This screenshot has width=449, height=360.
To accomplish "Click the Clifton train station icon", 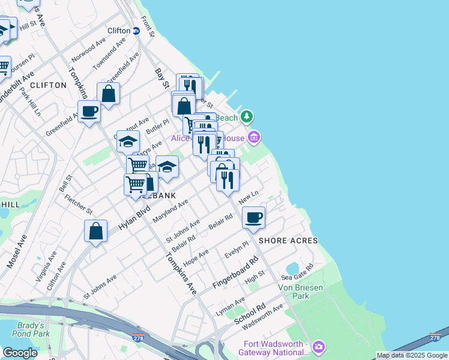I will pos(136,31).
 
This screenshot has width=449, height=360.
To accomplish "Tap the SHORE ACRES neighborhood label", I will pos(288,241).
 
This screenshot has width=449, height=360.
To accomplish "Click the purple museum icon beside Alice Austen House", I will pos(254,138).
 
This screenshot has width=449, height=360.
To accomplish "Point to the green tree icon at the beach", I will pos(246,116).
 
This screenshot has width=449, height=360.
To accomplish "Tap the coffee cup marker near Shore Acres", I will pos(254,217).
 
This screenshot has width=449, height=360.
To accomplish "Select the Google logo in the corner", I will pos(20,353).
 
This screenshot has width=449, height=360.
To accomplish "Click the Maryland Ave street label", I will pos(170,211).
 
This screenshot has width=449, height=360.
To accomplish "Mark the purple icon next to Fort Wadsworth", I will pos(319,347).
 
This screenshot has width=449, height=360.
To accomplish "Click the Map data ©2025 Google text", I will pos(412,355).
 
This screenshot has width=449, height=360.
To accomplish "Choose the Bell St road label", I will pos(65,184).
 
